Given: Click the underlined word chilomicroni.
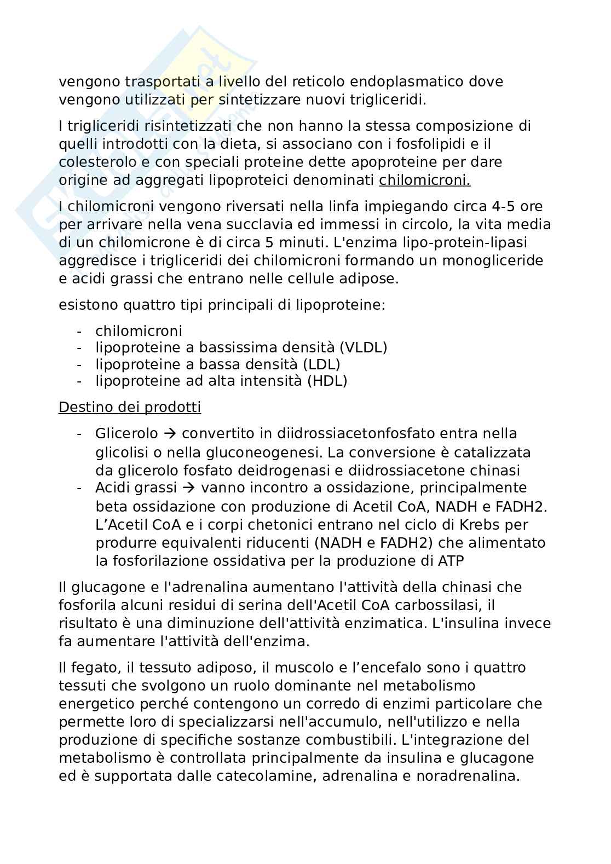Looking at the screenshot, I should pos(424,180).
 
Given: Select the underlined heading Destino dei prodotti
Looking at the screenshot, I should pos(130,408).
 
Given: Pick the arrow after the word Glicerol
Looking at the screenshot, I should pos(170,433).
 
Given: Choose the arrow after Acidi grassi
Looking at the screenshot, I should pos(189,488).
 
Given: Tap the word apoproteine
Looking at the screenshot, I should pos(388,162).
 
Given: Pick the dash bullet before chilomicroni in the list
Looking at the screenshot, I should pos(80,331).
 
